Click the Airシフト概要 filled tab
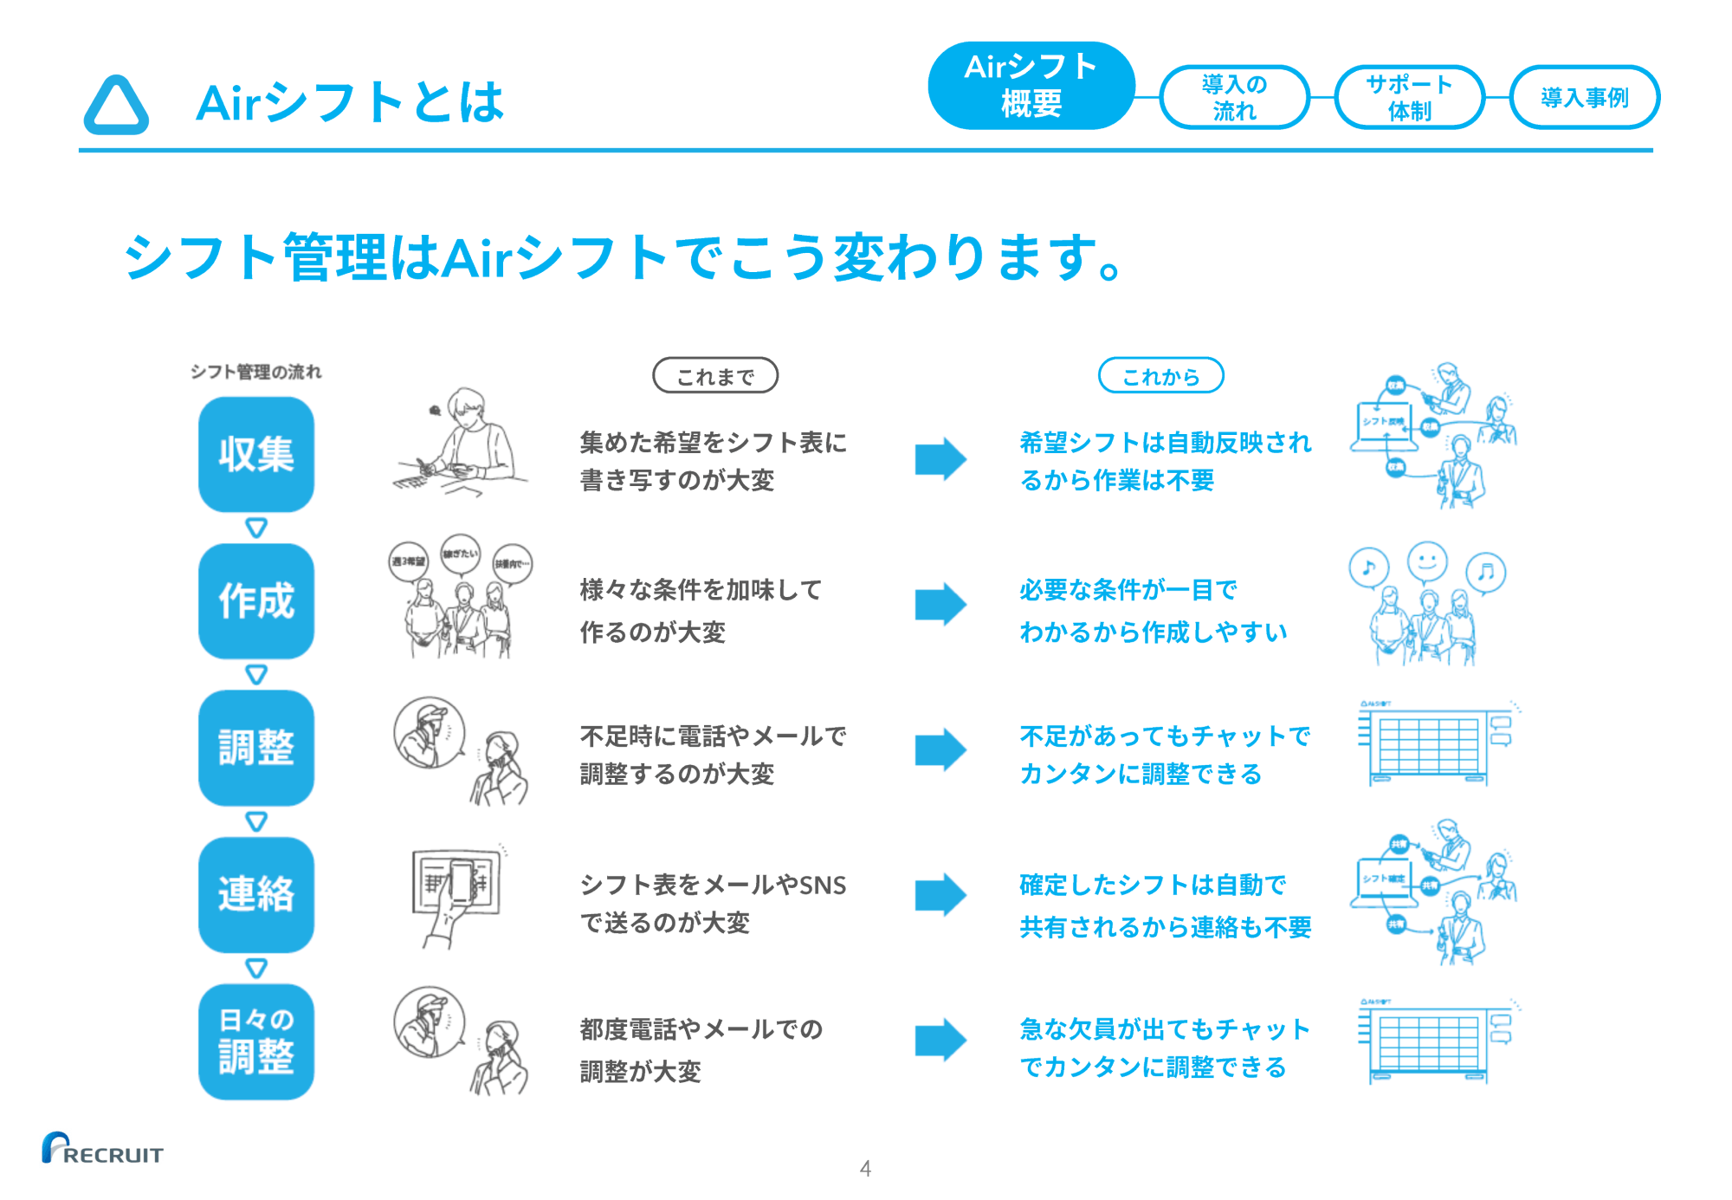pos(1031,86)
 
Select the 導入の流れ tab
pos(1234,97)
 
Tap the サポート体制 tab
pos(1409,97)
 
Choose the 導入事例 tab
pos(1584,97)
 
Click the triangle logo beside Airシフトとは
pos(116,106)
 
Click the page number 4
pos(865,1168)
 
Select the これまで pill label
pos(715,376)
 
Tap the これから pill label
pos(1160,376)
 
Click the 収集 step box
pos(256,454)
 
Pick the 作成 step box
pos(256,600)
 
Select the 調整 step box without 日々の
pos(256,747)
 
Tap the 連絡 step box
pos(256,894)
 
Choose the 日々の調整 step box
pos(256,1041)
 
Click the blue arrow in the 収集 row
pos(940,458)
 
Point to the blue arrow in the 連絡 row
pos(940,894)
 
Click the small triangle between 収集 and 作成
pos(256,528)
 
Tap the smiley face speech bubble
pos(1427,561)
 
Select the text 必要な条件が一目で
pos(1128,590)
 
